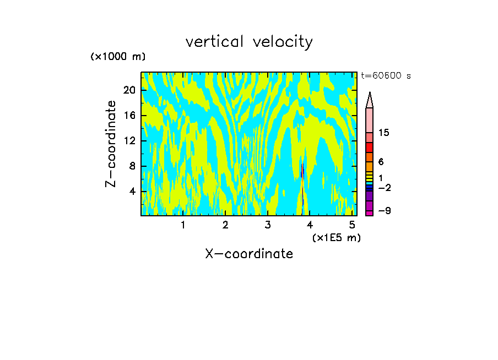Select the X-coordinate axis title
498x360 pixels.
(x=249, y=254)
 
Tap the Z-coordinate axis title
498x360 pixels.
(x=111, y=144)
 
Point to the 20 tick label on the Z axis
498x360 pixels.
(x=129, y=90)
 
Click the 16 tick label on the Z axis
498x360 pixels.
(x=129, y=116)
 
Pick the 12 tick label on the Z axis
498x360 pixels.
(x=129, y=141)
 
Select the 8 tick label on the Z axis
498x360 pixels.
(x=132, y=166)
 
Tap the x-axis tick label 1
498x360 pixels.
(x=183, y=225)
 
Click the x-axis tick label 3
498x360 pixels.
(x=268, y=225)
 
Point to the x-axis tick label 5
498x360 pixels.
(x=352, y=225)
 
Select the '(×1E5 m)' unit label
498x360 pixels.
(x=336, y=238)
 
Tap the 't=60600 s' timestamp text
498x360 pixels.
(x=386, y=76)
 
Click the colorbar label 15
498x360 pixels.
(x=384, y=133)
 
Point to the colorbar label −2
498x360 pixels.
(x=384, y=188)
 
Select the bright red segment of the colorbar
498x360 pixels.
(x=369, y=148)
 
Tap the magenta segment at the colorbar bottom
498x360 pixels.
(x=369, y=212)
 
